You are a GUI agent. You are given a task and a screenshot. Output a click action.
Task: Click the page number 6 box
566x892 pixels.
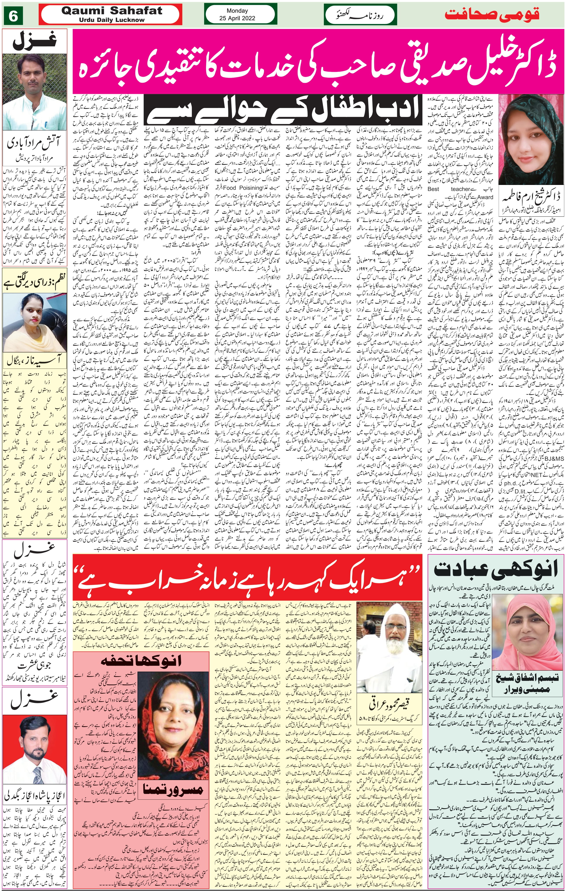coord(13,16)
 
